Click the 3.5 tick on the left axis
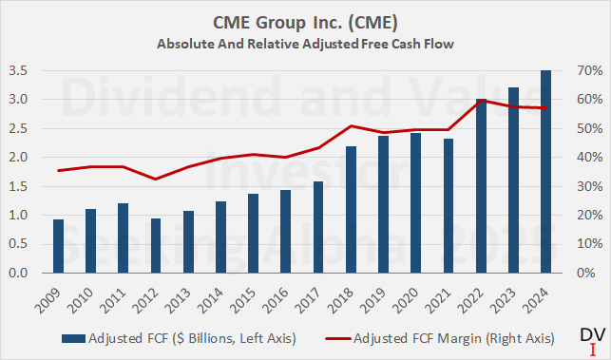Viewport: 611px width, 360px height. (x=16, y=71)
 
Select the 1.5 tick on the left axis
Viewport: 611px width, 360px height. (x=16, y=186)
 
